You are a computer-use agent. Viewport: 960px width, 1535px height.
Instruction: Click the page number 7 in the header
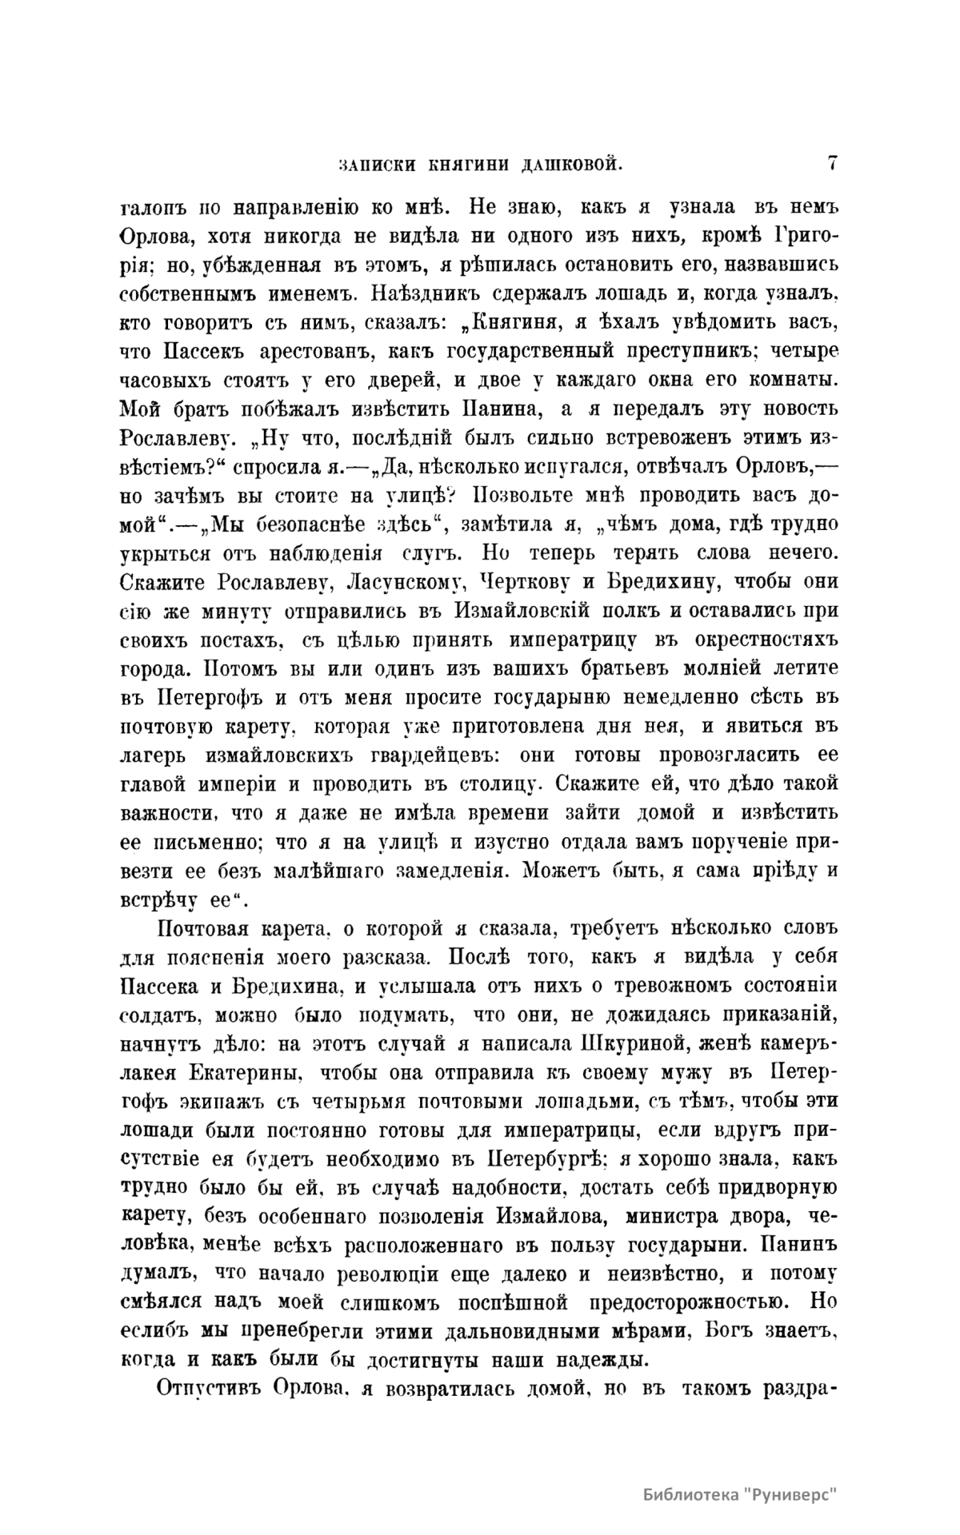coord(832,162)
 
